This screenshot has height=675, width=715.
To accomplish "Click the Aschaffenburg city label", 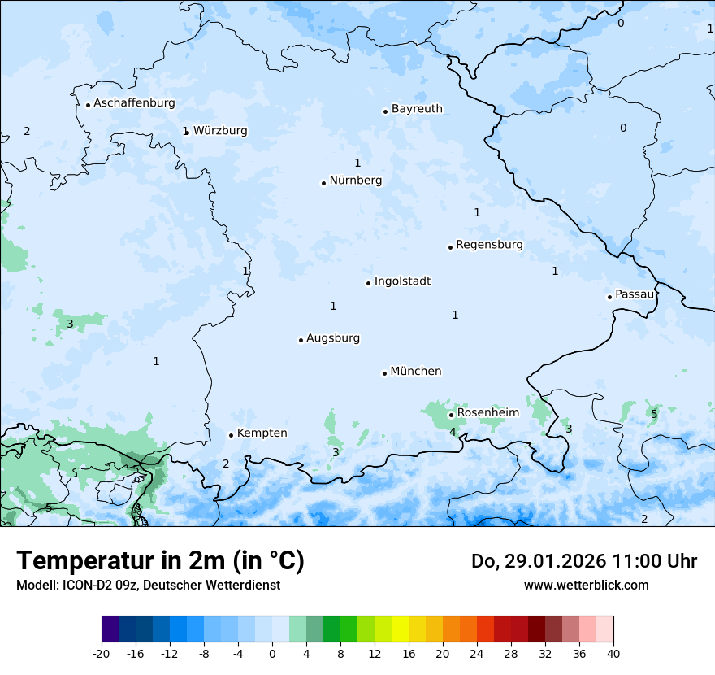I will click(134, 103).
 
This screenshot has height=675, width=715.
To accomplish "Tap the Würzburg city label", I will click(220, 131).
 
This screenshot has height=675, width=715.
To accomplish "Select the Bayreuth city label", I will click(417, 109).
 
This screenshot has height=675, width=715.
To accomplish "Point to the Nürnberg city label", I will click(355, 181).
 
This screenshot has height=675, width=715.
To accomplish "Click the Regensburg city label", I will click(489, 245).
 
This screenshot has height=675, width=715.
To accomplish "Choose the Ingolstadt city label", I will click(402, 281).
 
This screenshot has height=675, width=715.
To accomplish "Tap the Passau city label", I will click(635, 294).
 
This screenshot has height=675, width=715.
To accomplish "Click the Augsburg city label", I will click(333, 338).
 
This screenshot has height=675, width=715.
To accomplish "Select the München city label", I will click(416, 372).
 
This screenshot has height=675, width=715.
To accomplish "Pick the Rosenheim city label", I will click(487, 413).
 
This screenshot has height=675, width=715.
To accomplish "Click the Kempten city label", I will click(262, 433).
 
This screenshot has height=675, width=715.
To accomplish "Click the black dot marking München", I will click(384, 373).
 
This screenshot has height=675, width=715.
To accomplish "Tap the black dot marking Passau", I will click(609, 297).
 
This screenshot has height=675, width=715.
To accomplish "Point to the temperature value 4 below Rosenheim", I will click(453, 432).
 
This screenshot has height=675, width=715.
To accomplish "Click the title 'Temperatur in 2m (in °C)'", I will click(160, 561).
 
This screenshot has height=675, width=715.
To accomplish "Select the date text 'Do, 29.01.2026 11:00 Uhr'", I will click(583, 561).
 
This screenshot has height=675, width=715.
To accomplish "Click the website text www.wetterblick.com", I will click(586, 585).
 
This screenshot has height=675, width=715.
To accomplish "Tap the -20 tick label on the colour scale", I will click(102, 654).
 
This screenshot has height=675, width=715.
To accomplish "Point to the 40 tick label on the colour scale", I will click(613, 654).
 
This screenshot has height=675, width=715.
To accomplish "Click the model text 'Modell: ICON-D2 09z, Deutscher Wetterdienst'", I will click(148, 586).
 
